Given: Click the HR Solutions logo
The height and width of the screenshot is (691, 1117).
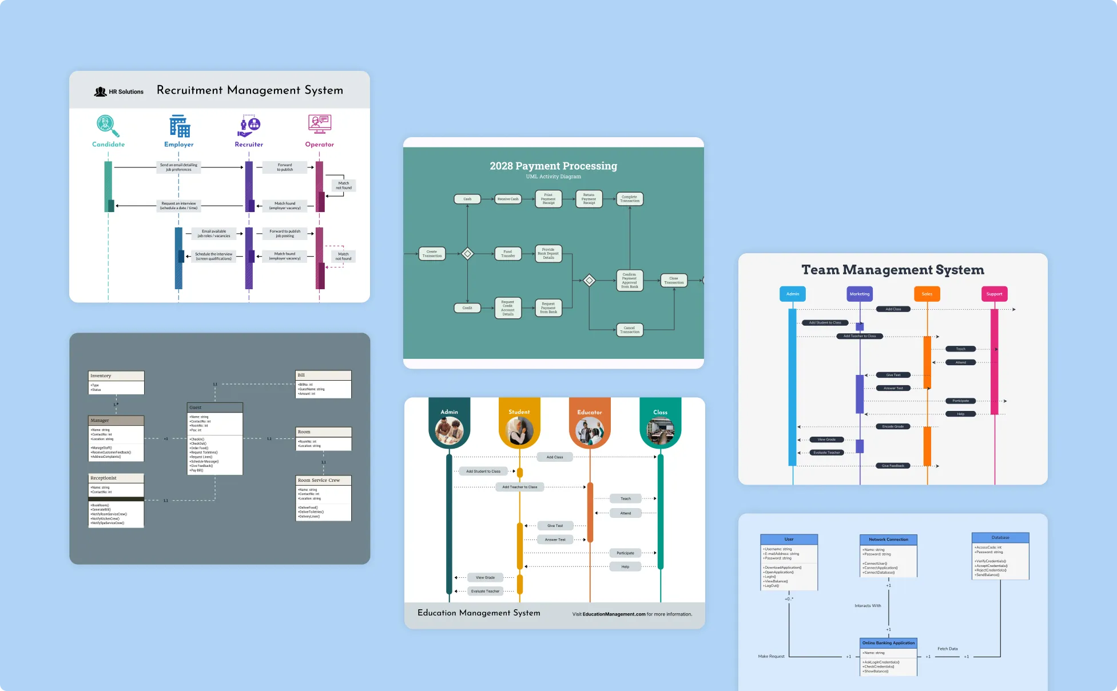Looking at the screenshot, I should [119, 91].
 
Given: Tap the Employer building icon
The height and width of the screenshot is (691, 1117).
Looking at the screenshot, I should [179, 126].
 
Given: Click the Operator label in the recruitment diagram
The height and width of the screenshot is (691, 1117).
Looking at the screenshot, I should [319, 145].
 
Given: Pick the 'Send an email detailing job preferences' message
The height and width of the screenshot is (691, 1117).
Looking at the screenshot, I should [178, 167].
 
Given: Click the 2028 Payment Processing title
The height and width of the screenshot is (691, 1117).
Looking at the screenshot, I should [553, 166].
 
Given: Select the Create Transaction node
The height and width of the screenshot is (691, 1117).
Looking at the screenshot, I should [432, 254].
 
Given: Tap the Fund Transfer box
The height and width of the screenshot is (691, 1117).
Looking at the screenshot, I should [508, 254].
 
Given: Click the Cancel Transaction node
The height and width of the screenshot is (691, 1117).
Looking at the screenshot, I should [630, 330].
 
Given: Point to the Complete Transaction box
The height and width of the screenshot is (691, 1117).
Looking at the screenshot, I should [630, 199].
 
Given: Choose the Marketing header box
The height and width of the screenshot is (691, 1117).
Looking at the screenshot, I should [860, 294].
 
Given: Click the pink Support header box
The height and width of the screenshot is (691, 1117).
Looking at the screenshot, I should [994, 294].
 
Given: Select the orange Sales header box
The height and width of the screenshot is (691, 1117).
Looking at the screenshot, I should [927, 294].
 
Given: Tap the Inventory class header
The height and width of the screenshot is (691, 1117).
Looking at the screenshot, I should [116, 376].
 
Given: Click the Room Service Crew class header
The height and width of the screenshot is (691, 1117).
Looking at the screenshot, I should [323, 480].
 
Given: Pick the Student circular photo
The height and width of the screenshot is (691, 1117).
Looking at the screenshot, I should [519, 431].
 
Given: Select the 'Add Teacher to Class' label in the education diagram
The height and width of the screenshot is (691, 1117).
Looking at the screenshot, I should [519, 487].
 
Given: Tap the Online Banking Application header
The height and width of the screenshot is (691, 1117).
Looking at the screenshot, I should [888, 643].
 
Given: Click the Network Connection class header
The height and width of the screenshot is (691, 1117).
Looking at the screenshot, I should [888, 540].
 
